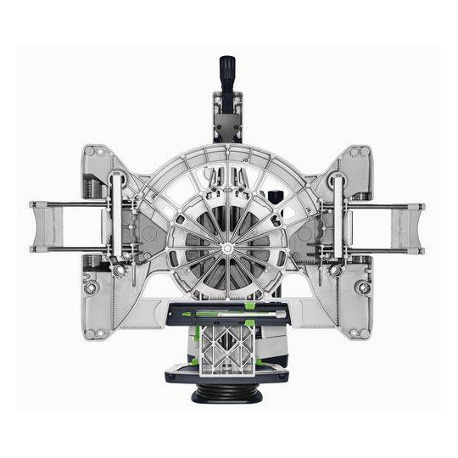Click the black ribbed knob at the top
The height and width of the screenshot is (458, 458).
(x=227, y=70)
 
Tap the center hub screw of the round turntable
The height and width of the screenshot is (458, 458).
(x=228, y=248)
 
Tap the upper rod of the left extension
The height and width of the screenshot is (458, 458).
(x=72, y=204)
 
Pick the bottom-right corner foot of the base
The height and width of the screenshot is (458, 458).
(x=363, y=332)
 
